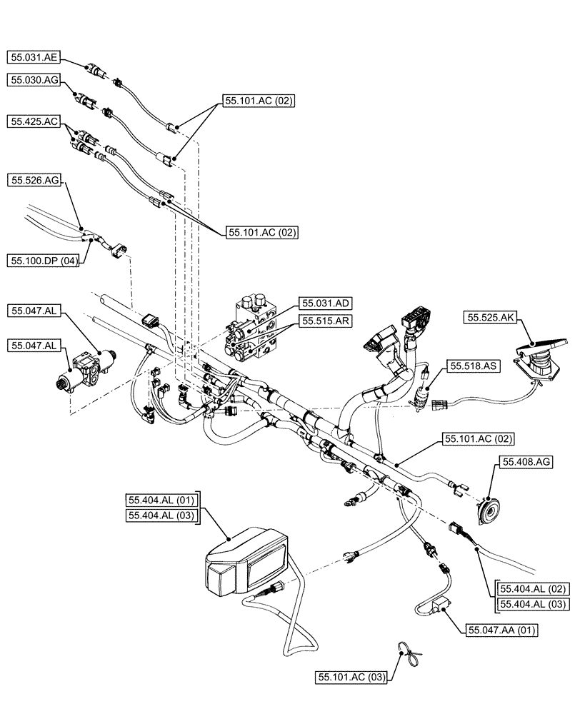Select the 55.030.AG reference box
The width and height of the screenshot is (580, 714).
pyautogui.click(x=34, y=81)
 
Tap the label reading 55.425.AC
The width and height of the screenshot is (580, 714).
pyautogui.click(x=34, y=122)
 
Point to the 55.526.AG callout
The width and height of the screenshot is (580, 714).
pyautogui.click(x=34, y=181)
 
